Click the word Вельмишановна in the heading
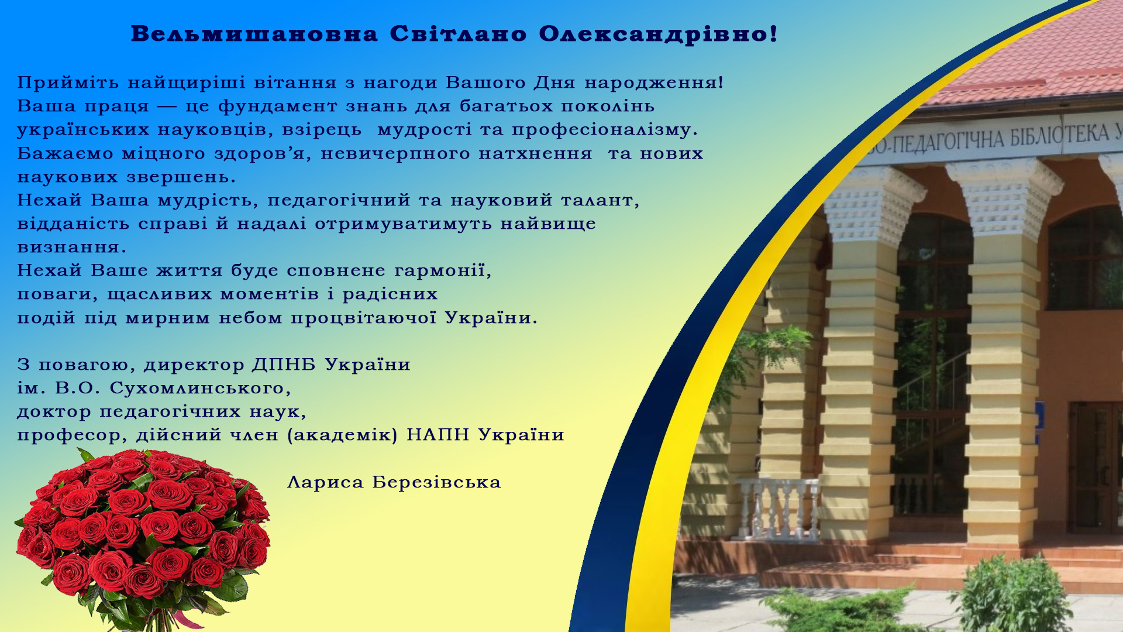[x=254, y=34]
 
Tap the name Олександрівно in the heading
[x=658, y=34]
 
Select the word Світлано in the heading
[x=459, y=34]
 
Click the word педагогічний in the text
[x=339, y=201]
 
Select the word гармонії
[x=443, y=271]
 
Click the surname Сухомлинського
[x=200, y=389]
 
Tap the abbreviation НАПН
[x=438, y=435]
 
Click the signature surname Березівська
[x=437, y=483]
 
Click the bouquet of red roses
[x=143, y=538]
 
